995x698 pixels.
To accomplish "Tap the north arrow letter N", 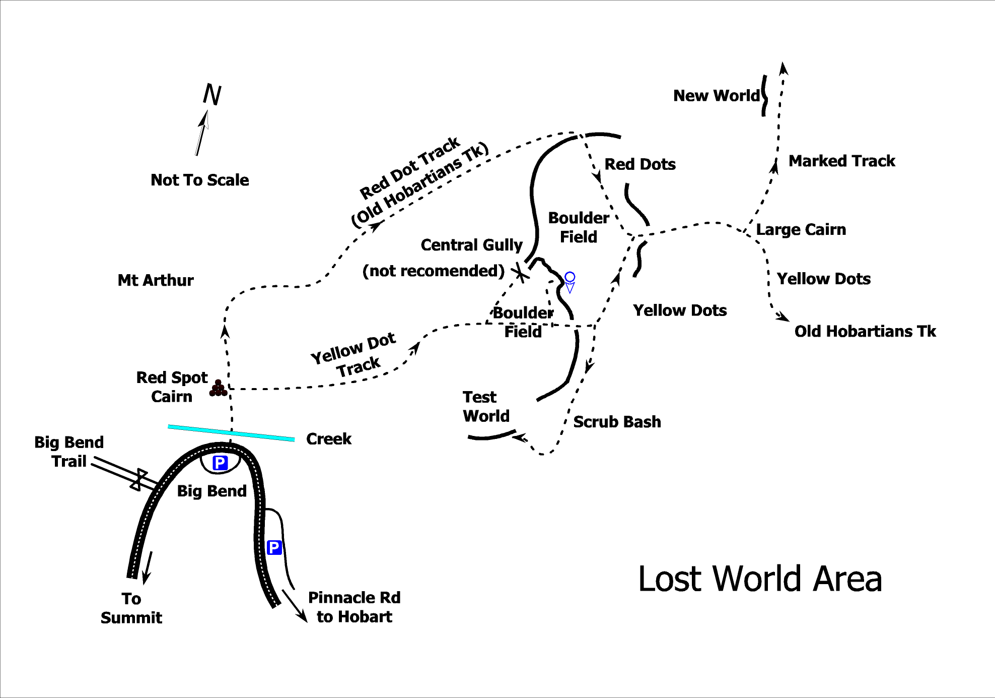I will [x=212, y=94].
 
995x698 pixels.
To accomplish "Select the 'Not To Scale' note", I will [x=199, y=180].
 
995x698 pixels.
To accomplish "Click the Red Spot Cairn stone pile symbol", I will [x=218, y=388].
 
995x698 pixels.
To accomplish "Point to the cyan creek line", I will [x=231, y=433].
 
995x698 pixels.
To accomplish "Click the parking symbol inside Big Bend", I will [x=220, y=463].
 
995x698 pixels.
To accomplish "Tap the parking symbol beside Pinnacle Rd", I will [x=274, y=547].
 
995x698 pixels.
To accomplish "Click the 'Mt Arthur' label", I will [x=156, y=280].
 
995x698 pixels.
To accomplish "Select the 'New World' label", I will [x=716, y=95].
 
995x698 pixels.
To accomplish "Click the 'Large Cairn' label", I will [x=801, y=229].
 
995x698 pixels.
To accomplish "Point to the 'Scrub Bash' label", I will [x=617, y=421].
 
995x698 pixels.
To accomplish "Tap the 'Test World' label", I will [x=486, y=406].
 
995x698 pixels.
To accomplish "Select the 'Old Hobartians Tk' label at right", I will [x=865, y=331].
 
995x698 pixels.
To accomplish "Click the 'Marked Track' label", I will [x=841, y=161].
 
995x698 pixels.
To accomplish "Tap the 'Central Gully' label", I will [x=471, y=245].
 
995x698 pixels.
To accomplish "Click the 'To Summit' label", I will [x=131, y=608].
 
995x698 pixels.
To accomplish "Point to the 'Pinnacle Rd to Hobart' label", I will [x=354, y=607].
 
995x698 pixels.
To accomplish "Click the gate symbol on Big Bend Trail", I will [x=139, y=479].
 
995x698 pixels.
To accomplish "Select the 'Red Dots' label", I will [x=640, y=164].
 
